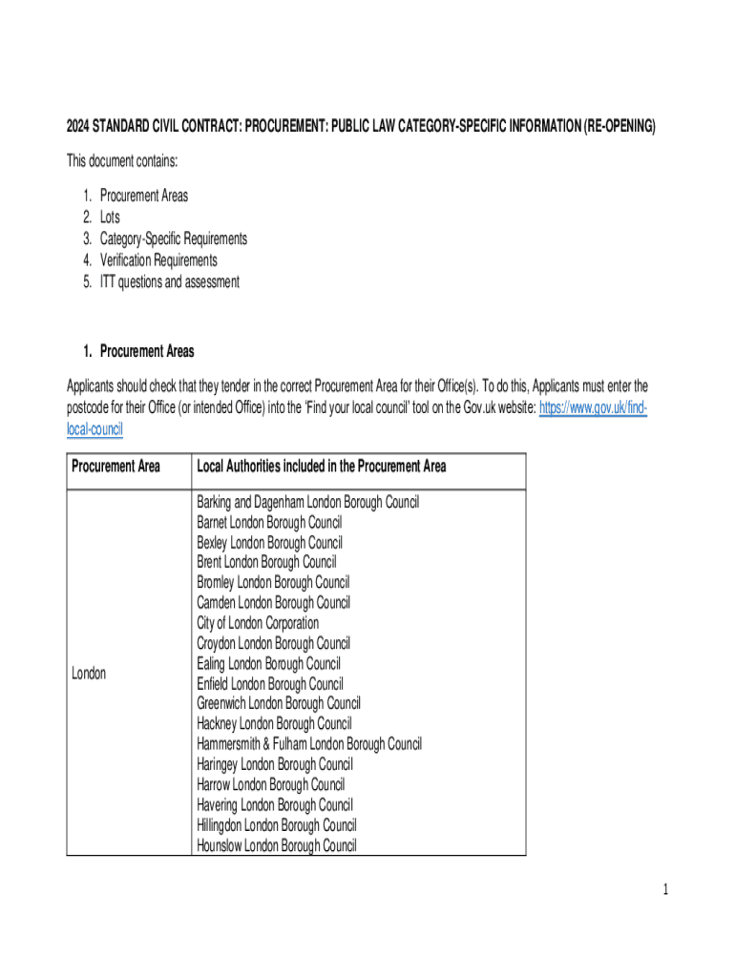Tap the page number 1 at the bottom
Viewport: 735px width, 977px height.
(x=665, y=890)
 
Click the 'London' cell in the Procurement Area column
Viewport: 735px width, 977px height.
(x=89, y=674)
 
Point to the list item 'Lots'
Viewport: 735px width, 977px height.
(x=110, y=218)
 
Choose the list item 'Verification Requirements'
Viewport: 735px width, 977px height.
(x=158, y=260)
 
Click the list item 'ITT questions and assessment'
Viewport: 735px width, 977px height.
(x=170, y=281)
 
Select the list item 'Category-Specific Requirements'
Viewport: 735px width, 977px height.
(x=173, y=239)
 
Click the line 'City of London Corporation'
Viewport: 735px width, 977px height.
(x=258, y=623)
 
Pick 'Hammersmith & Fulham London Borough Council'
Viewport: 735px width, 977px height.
(x=309, y=744)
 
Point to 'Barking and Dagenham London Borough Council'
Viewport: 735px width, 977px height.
(x=307, y=502)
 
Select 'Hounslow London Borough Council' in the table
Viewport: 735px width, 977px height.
(x=277, y=845)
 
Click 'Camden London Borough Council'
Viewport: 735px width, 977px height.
(x=273, y=603)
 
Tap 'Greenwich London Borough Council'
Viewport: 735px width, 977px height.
(x=279, y=704)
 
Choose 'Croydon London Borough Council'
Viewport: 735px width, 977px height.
(x=273, y=643)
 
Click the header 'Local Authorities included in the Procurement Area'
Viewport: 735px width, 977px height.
(x=322, y=467)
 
